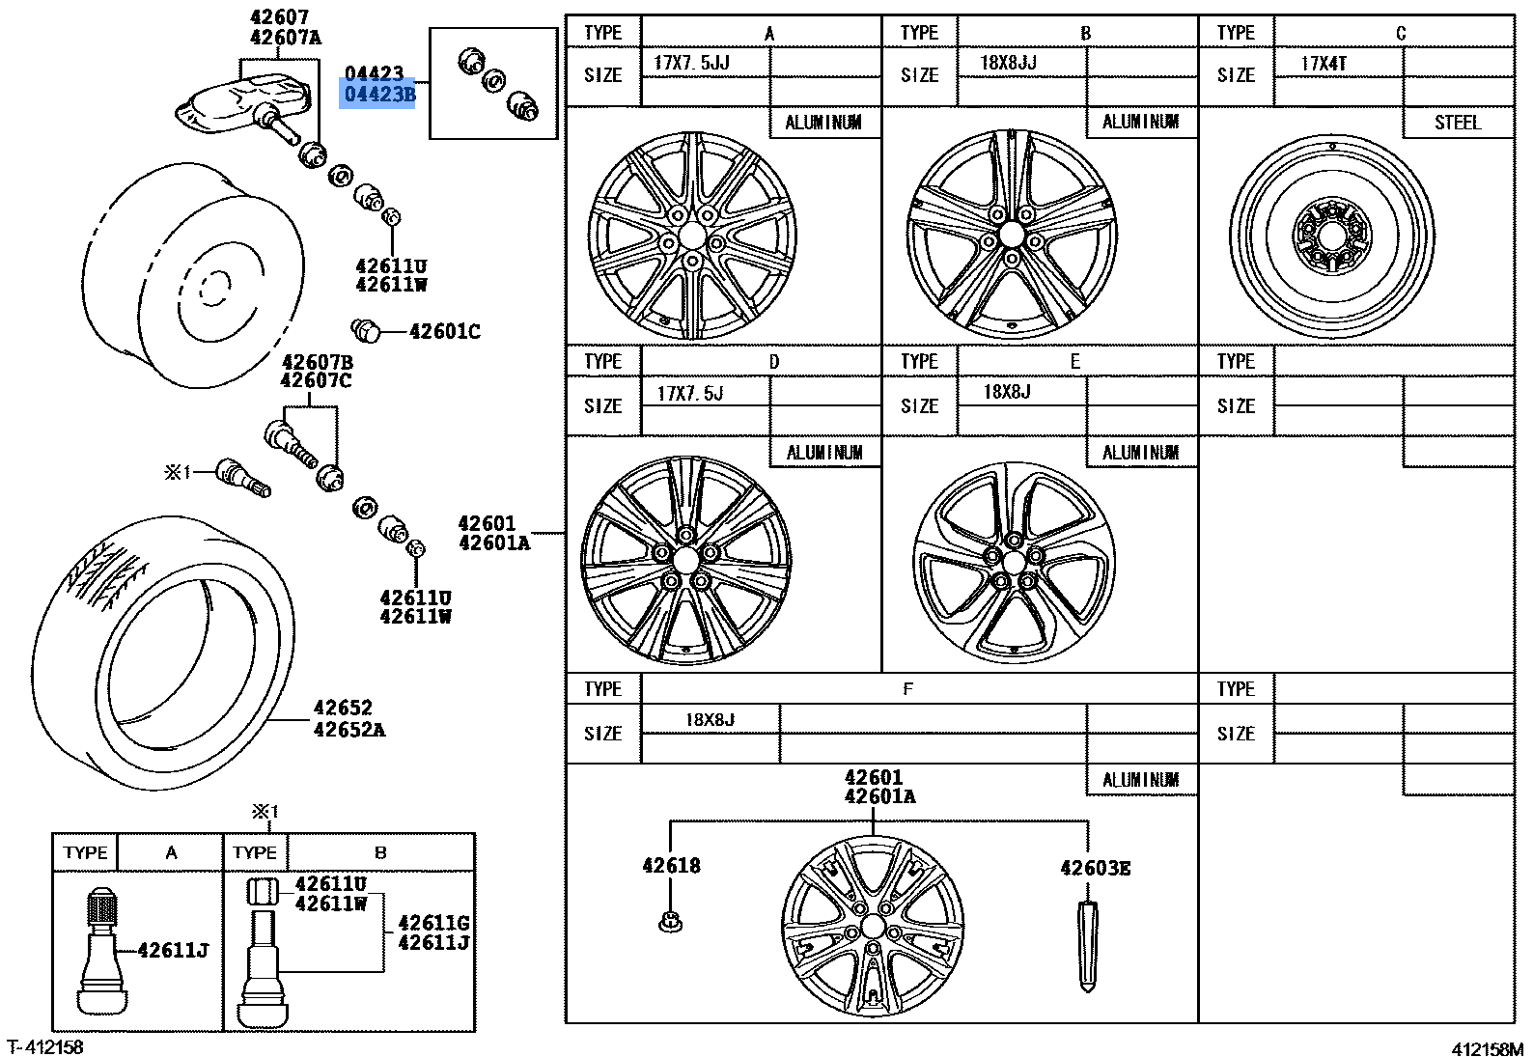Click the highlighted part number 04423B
(x=379, y=95)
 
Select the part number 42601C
(x=445, y=332)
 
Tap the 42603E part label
(x=1095, y=868)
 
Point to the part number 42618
(x=671, y=866)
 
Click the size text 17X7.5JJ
(x=692, y=63)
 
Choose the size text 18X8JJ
(x=1008, y=63)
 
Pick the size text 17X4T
(x=1324, y=64)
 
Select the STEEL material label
(x=1458, y=123)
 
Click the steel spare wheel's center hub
(x=1332, y=236)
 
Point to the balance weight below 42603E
(x=1087, y=947)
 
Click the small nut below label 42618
(x=671, y=922)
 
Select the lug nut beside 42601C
(x=366, y=331)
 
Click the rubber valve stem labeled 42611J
(x=102, y=951)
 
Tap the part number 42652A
(x=349, y=730)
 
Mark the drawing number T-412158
(x=45, y=1046)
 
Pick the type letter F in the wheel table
(x=907, y=688)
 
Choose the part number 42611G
(x=433, y=923)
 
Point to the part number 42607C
(x=316, y=380)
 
